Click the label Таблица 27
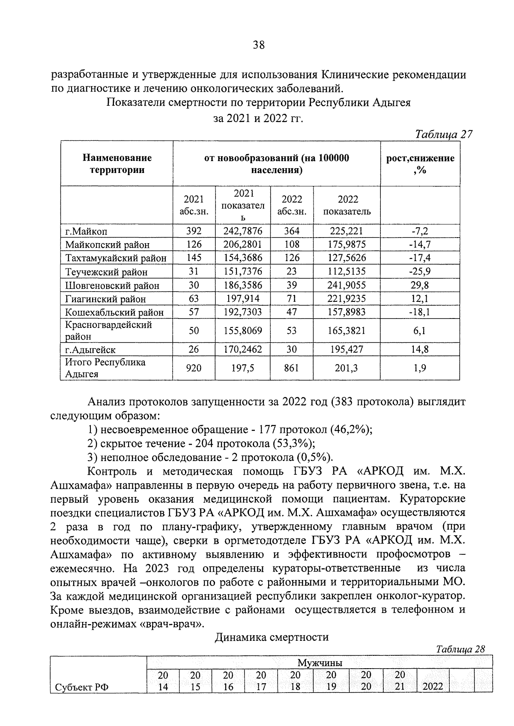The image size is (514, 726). pos(444,134)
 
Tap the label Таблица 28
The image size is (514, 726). pos(460,649)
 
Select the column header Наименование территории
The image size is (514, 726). pos(117,164)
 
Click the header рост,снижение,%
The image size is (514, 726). pos(420,164)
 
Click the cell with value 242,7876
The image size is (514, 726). pos(243,231)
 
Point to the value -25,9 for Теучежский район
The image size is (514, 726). pos(420,271)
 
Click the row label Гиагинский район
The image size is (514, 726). pos(105,299)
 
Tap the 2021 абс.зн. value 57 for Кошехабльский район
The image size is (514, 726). pos(194,312)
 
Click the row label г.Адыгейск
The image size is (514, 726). pos(90,349)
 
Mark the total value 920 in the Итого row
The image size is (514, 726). pos(194,368)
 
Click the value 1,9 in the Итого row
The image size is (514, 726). pos(420,368)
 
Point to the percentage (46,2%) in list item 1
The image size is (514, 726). pos(352,429)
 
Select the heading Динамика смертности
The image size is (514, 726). pos(272,637)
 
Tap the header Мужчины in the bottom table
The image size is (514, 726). pos(320,663)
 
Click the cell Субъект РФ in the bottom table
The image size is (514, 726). pos(82,687)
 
